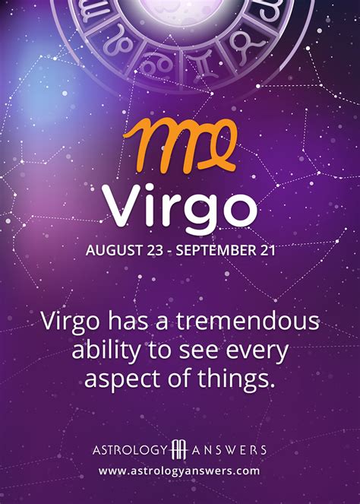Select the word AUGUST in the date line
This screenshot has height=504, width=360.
111,249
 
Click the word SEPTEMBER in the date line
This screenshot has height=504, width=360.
215,249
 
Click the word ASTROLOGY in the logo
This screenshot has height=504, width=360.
125,449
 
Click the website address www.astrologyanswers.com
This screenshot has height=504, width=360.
179,471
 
